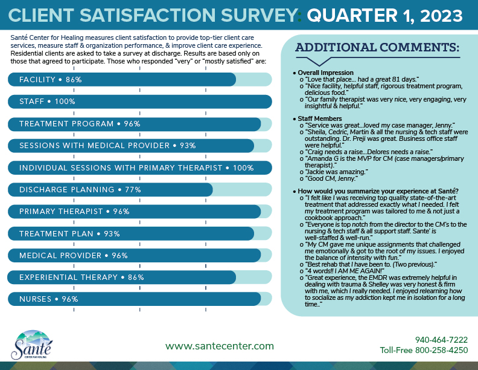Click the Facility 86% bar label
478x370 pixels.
[50, 80]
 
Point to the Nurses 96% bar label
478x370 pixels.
[49, 299]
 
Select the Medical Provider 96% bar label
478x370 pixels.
[74, 255]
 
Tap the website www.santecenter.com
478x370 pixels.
[220, 346]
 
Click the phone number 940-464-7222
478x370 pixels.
[441, 339]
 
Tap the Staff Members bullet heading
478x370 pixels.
[320, 118]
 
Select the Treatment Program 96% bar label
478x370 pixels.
[80, 124]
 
